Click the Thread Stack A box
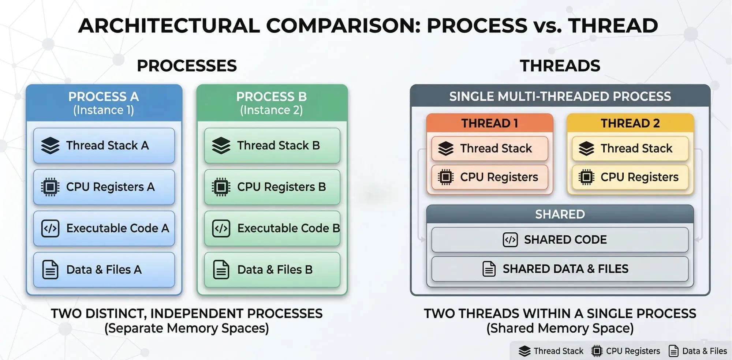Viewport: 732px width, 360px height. click(104, 145)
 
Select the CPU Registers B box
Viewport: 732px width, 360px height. click(272, 187)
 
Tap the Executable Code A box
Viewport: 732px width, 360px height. click(104, 228)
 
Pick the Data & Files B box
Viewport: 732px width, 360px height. click(272, 269)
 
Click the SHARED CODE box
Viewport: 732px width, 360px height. click(560, 240)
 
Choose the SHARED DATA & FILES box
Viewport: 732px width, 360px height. click(560, 269)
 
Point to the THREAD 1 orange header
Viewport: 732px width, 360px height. click(490, 123)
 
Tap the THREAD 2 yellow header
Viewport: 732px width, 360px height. click(630, 123)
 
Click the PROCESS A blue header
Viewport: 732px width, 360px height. click(104, 103)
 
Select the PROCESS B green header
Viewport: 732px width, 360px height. click(272, 103)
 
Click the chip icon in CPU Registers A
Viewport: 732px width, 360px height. click(50, 187)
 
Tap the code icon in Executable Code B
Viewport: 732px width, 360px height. click(221, 228)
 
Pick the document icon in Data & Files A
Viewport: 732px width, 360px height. click(50, 270)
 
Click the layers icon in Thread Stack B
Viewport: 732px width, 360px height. click(221, 146)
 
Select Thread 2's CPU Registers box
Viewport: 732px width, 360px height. click(630, 177)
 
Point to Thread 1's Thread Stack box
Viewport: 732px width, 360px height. click(490, 149)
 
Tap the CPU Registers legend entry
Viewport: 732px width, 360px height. click(625, 351)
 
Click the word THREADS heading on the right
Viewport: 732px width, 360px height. click(560, 66)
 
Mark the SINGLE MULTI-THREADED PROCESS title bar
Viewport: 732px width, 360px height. click(560, 96)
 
